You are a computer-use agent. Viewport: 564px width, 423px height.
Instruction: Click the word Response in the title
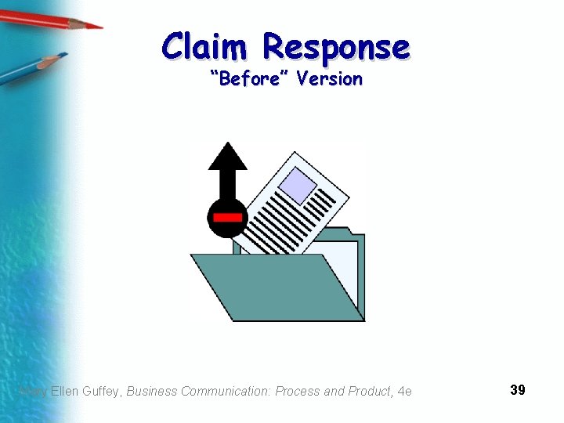click(x=336, y=47)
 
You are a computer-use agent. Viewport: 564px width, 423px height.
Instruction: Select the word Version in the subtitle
click(x=330, y=78)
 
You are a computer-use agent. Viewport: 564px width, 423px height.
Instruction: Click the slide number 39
click(x=517, y=389)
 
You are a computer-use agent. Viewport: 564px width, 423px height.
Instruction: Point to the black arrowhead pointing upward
click(x=227, y=156)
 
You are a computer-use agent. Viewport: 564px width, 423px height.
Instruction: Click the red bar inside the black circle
click(x=227, y=217)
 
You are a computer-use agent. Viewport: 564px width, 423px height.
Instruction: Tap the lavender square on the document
click(x=298, y=185)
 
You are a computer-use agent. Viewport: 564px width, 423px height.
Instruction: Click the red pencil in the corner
click(x=55, y=19)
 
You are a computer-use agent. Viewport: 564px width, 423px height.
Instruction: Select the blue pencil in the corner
click(x=31, y=69)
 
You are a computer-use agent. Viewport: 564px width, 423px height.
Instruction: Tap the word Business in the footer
click(x=152, y=391)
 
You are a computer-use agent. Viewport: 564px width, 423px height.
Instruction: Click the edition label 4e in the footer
click(x=404, y=391)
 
